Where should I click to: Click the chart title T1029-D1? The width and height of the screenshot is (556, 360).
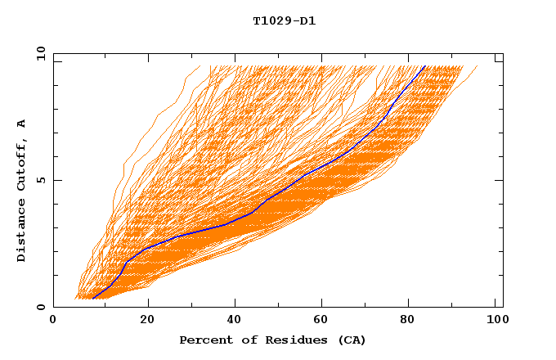point(284,21)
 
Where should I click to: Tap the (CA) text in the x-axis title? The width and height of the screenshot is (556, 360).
point(349,340)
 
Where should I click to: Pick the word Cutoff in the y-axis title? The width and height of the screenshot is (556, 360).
point(22,161)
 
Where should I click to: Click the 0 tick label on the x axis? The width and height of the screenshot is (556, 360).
point(54,321)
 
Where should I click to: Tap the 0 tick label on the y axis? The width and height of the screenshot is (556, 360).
point(41,308)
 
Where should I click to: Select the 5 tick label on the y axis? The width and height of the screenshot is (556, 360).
point(41,180)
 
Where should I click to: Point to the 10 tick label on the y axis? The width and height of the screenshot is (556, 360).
point(38,53)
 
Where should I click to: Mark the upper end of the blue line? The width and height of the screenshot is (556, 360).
point(425,66)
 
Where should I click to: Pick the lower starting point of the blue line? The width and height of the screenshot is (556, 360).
point(93,299)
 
